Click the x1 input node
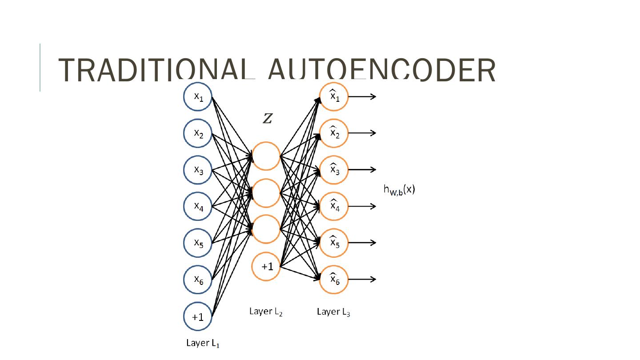[198, 97]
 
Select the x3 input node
[198, 170]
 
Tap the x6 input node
[198, 280]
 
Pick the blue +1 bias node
[198, 316]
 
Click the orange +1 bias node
[266, 267]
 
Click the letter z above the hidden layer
[268, 118]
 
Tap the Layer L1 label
[203, 343]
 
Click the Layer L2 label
[266, 312]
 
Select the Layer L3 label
[333, 312]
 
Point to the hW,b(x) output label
[399, 190]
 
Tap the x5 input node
[198, 243]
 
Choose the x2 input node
[198, 133]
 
